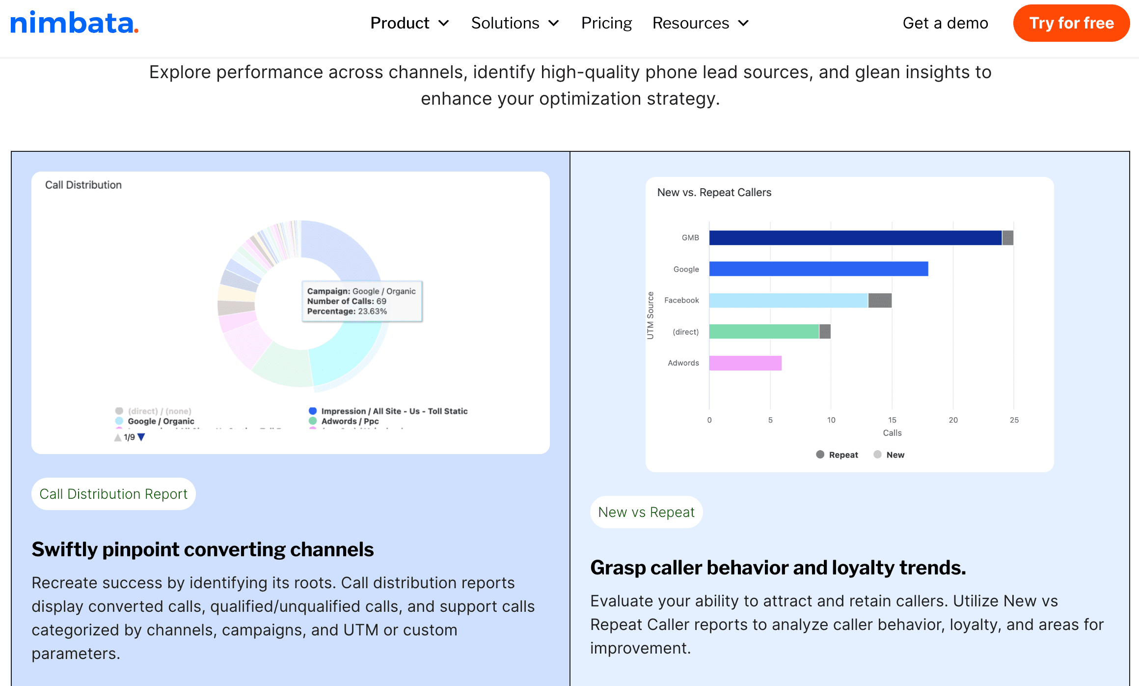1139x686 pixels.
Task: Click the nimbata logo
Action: (x=74, y=23)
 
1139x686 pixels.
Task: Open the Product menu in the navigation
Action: (x=409, y=23)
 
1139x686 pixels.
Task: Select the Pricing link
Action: (x=606, y=23)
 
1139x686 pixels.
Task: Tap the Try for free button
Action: (x=1071, y=23)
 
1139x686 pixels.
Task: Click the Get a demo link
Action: (x=945, y=23)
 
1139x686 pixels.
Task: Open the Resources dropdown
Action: (x=700, y=23)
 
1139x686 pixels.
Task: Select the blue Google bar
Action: (x=818, y=269)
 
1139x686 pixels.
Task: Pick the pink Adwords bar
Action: (x=745, y=363)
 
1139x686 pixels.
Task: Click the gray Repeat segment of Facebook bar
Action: (x=880, y=300)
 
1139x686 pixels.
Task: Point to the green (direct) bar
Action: (x=764, y=332)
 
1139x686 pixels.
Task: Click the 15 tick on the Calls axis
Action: (x=892, y=420)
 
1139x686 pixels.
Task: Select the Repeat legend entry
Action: (x=838, y=455)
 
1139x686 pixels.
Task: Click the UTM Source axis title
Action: (x=651, y=315)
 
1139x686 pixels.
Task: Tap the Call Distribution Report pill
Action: (x=113, y=494)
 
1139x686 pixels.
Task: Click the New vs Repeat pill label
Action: (x=646, y=512)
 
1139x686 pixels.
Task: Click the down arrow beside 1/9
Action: (x=141, y=437)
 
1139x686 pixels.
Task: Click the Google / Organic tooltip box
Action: (x=362, y=301)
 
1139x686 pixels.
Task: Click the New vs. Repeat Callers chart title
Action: (x=714, y=193)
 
